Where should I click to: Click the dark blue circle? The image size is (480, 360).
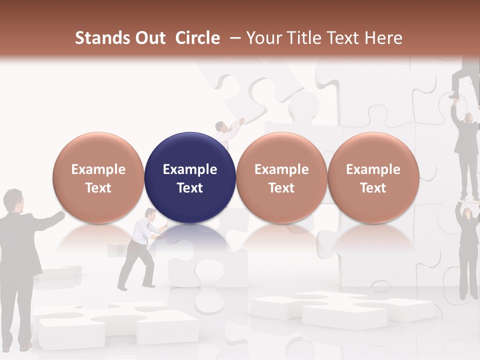click(190, 177)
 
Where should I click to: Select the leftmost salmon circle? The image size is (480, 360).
click(98, 177)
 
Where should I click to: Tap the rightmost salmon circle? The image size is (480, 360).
click(373, 177)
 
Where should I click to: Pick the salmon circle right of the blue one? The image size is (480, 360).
click(281, 177)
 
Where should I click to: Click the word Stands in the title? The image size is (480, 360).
click(102, 38)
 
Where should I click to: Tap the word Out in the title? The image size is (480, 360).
click(149, 38)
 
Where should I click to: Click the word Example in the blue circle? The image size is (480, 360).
click(190, 169)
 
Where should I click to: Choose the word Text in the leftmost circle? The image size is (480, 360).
click(98, 188)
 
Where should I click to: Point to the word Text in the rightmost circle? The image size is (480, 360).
click(373, 188)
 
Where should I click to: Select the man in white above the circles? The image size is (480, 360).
click(227, 132)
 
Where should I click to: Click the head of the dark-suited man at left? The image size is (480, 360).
click(14, 200)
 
